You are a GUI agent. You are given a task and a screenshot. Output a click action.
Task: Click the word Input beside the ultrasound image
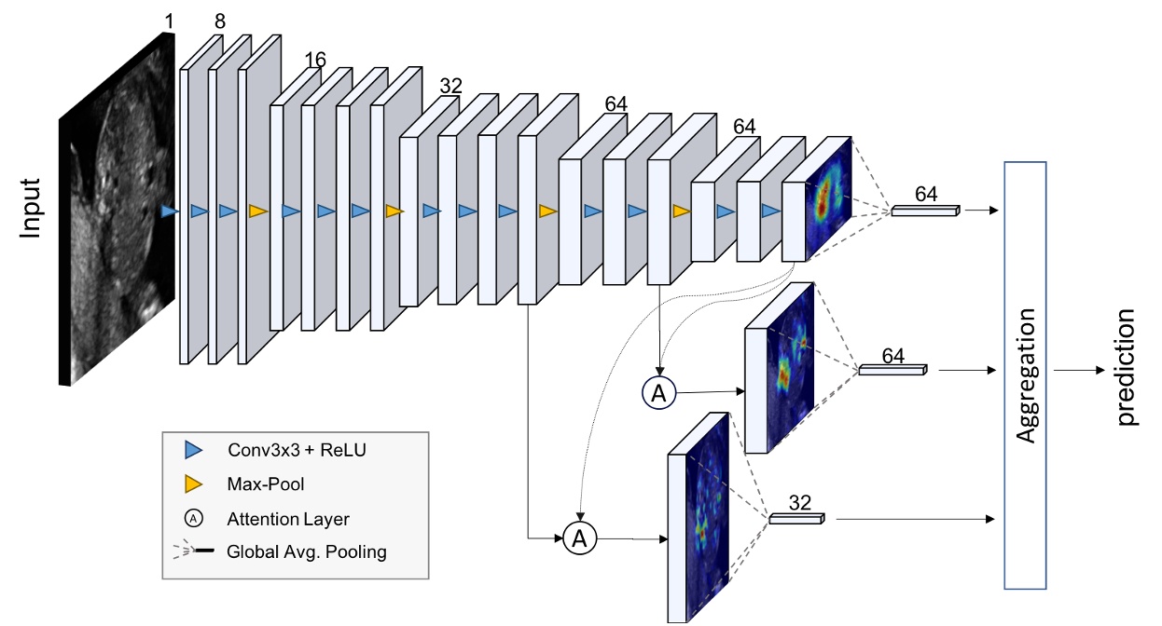[32, 209]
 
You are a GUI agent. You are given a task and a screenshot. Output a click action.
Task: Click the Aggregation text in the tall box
[1026, 375]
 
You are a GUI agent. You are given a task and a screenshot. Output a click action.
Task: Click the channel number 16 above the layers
[315, 61]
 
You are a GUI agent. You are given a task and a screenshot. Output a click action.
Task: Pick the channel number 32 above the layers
[451, 85]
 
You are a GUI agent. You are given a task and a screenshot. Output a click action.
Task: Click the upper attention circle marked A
[658, 393]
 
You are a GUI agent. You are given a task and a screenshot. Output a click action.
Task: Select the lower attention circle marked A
[580, 538]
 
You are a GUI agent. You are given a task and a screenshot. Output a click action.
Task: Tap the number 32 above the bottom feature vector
[799, 503]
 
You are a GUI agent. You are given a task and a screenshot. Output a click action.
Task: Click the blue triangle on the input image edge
[168, 212]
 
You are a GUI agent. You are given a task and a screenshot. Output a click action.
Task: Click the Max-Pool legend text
[265, 484]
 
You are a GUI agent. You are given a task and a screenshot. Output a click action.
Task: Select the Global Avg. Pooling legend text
[306, 551]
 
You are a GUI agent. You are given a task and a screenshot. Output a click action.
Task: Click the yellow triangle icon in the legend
[193, 484]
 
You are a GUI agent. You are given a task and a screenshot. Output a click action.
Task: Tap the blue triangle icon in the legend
[193, 451]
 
